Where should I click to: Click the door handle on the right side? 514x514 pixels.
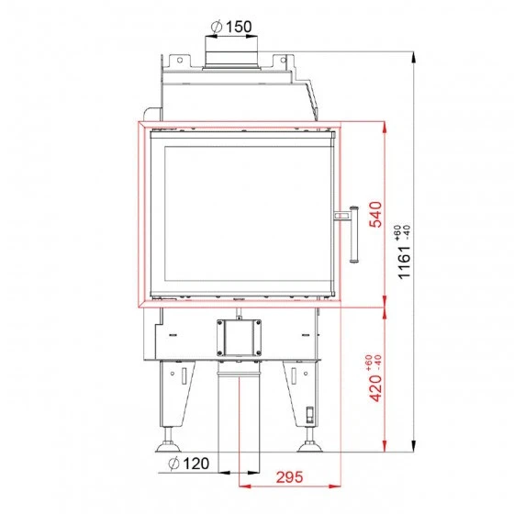click(350, 234)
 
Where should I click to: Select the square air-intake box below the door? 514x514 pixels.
click(240, 340)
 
